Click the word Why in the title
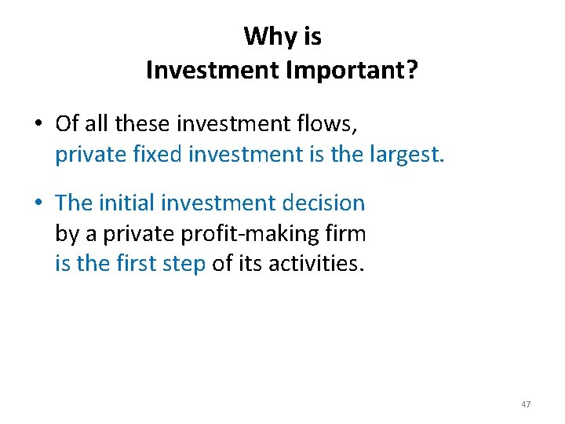[x=263, y=36]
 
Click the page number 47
[x=526, y=404]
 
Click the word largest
[x=405, y=155]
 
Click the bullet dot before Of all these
[x=38, y=124]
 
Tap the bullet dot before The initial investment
[x=38, y=203]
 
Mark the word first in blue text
[x=139, y=264]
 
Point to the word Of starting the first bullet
[x=67, y=123]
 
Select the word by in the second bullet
[x=65, y=234]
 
